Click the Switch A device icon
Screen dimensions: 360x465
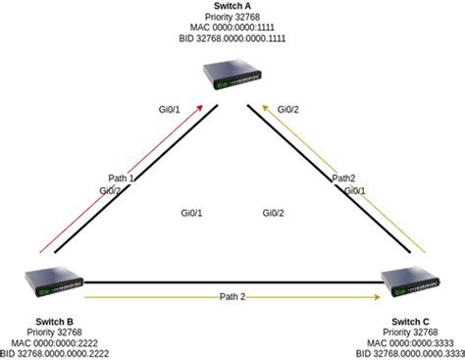232,75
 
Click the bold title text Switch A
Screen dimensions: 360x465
232,7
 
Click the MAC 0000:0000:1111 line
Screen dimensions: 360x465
232,30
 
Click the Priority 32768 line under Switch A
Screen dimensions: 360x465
232,19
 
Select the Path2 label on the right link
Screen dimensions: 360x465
343,179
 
